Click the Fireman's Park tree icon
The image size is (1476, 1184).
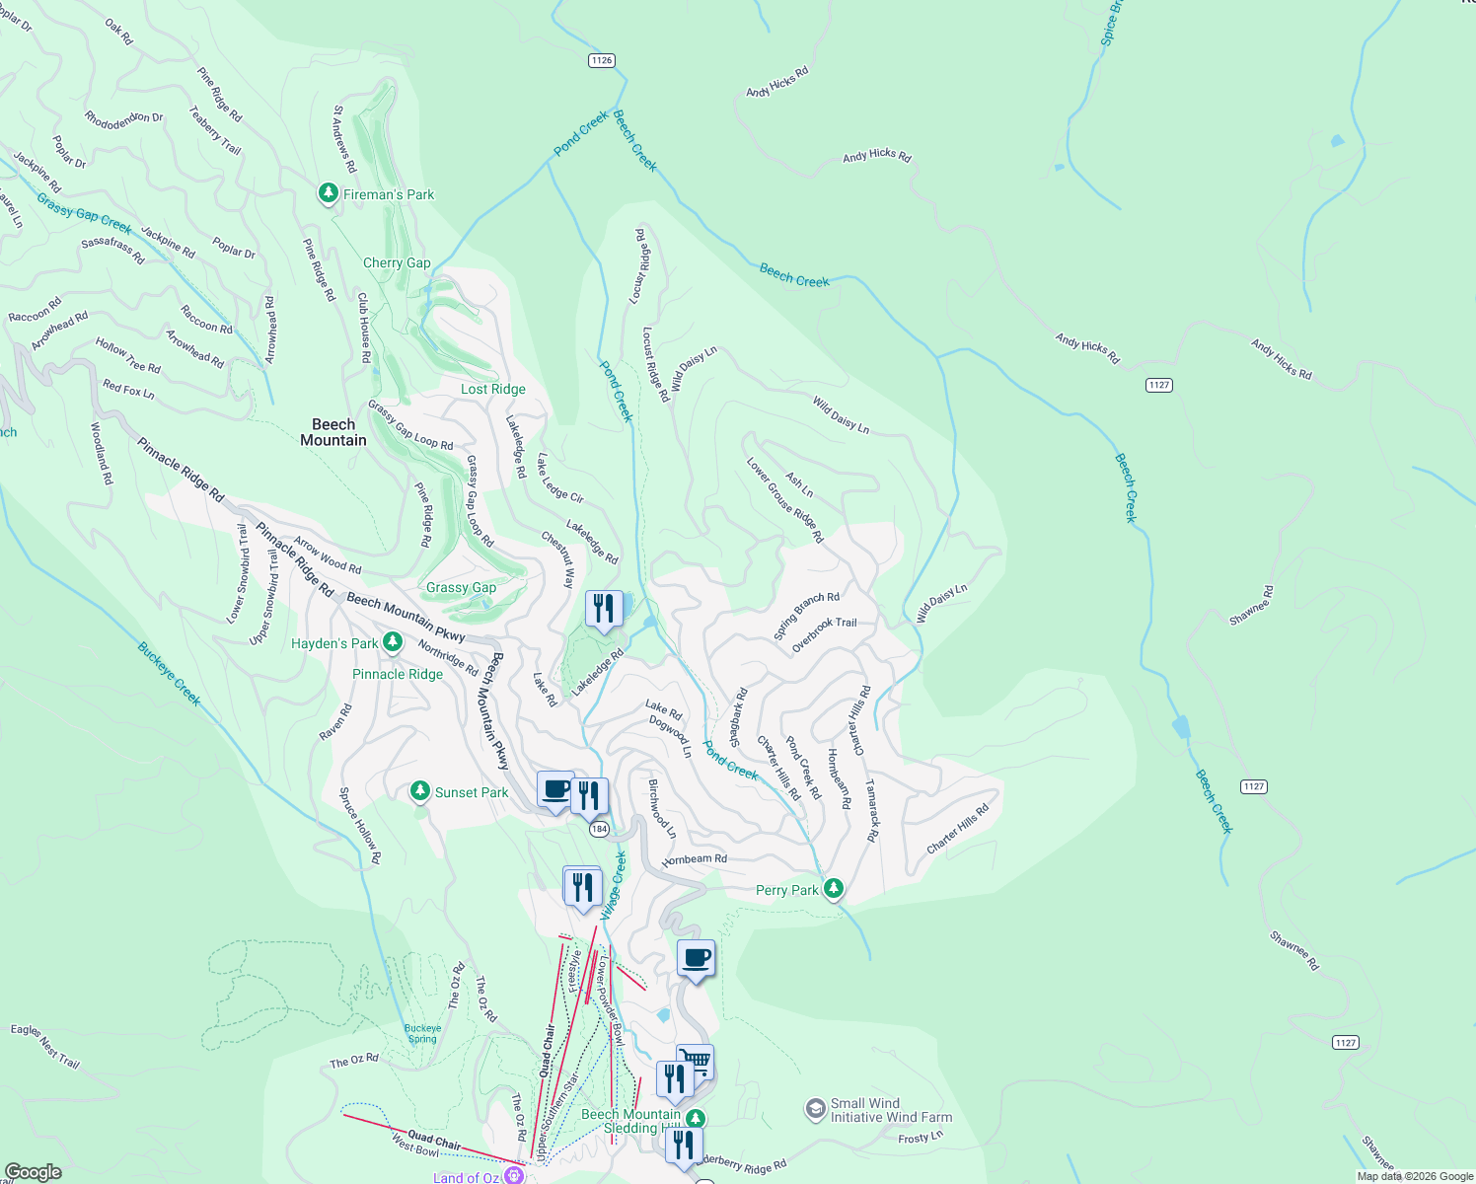point(329,193)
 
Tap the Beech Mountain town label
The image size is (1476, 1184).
point(333,432)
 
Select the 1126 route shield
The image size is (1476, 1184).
point(602,60)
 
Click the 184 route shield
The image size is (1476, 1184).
point(599,829)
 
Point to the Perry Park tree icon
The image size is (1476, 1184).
point(834,889)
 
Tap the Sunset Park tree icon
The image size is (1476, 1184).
point(420,791)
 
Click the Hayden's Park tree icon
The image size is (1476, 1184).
point(392,642)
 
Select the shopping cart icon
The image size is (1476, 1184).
point(696,1062)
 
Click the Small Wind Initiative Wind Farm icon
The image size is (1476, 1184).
point(815,1110)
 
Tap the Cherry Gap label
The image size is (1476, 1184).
point(397,262)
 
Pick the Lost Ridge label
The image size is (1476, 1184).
point(493,389)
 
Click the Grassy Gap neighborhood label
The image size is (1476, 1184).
point(461,587)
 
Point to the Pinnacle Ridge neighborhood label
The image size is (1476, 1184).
point(398,674)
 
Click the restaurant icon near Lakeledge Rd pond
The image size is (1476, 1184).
point(604,609)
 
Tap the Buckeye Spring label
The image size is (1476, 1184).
point(422,1033)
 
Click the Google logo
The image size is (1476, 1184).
point(33,1172)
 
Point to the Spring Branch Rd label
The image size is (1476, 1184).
point(806,616)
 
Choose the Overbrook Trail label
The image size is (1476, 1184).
point(825,634)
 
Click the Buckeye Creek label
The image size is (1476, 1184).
point(169,674)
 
